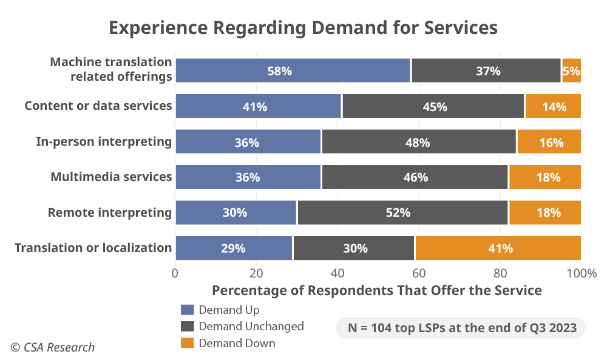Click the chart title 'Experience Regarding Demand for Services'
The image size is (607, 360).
(303, 28)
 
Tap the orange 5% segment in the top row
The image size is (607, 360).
(571, 70)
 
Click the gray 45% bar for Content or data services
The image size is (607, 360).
(433, 106)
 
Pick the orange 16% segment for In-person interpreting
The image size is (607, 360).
(549, 142)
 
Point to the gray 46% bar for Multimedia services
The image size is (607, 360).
(415, 177)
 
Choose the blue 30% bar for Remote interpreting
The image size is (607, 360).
(236, 212)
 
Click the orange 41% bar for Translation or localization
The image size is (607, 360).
(498, 248)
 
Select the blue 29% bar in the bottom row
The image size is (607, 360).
(234, 248)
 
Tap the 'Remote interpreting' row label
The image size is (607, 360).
(110, 212)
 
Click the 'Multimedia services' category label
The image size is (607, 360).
(111, 177)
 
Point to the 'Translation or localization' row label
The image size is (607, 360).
(93, 248)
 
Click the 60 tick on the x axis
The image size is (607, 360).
(419, 273)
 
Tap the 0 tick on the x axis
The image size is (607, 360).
(175, 273)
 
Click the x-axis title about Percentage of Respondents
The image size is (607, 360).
(376, 290)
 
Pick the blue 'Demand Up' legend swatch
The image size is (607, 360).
(188, 310)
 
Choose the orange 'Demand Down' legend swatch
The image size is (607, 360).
(188, 343)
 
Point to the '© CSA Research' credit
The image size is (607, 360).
(53, 347)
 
